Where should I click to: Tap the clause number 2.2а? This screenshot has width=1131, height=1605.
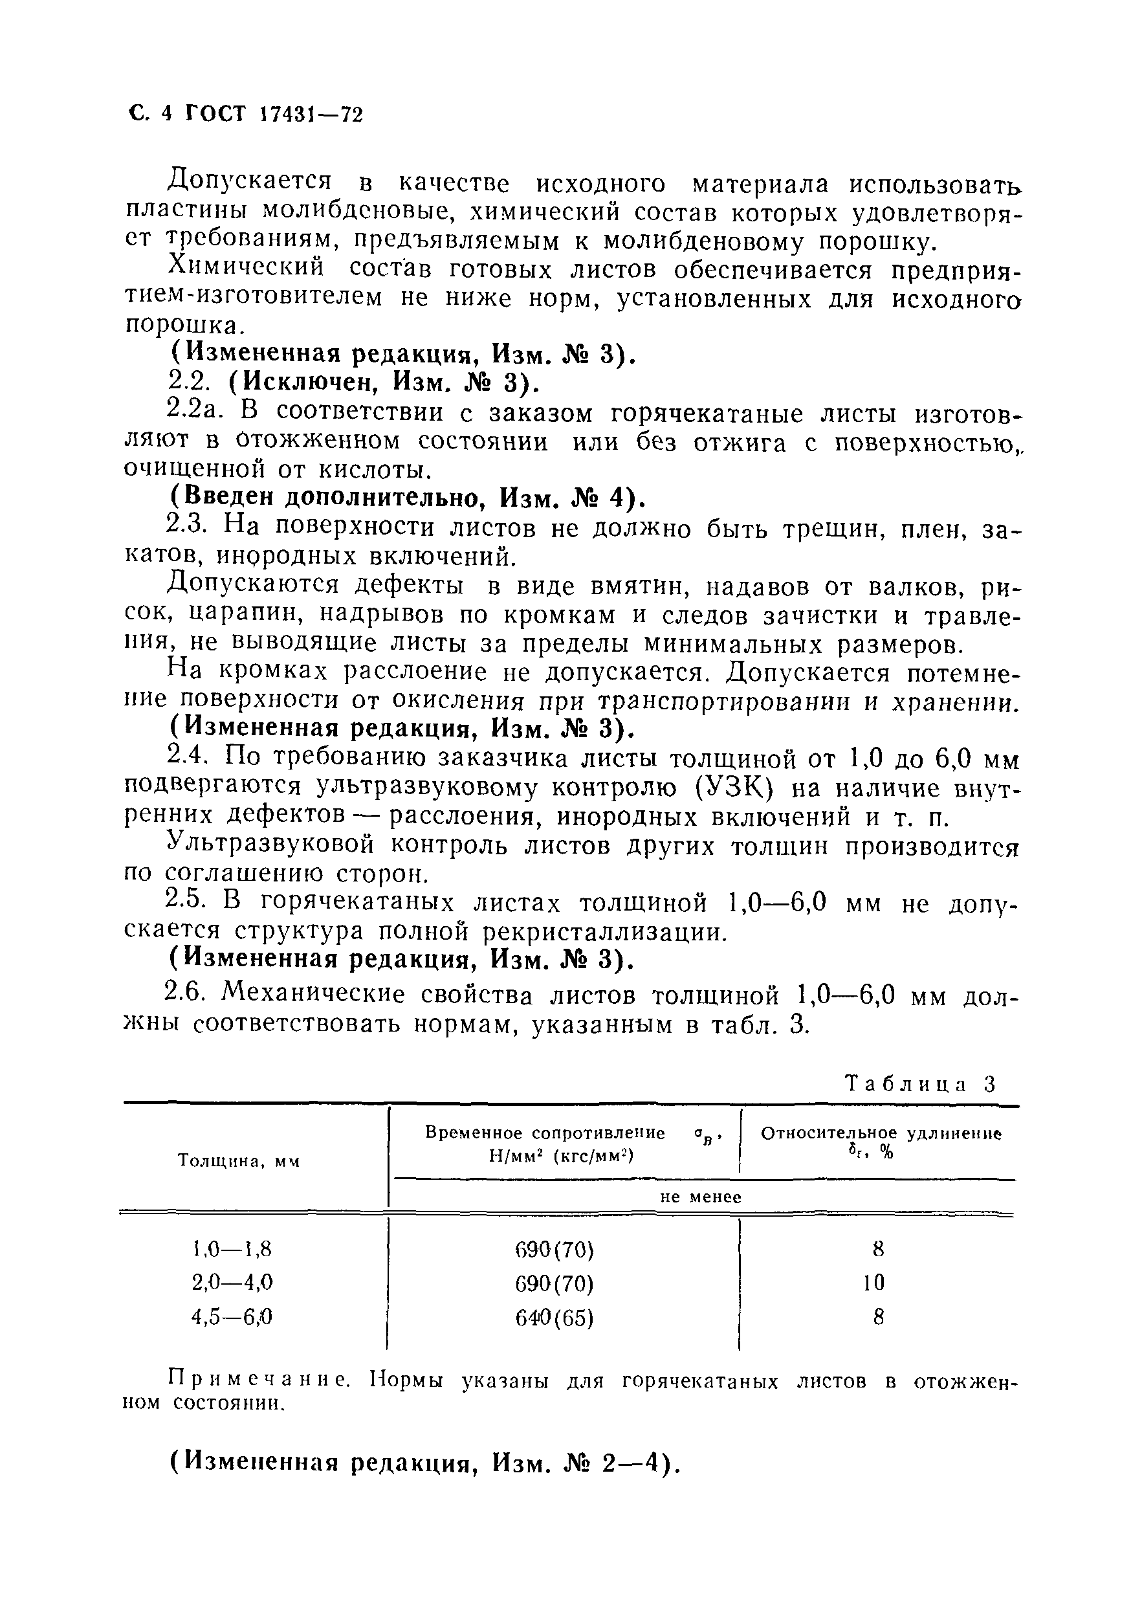195,413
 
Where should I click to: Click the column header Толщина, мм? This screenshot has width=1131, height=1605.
238,1162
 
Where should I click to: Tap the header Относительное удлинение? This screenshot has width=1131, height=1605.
880,1134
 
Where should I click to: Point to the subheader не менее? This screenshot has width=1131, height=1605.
701,1197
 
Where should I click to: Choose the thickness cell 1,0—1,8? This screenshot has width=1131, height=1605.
232,1248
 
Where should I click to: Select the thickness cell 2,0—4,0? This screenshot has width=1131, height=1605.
232,1283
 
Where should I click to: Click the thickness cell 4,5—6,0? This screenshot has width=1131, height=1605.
232,1317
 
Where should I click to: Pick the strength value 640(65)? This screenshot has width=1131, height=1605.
555,1318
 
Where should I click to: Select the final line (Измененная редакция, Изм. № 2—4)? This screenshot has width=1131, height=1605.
426,1463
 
